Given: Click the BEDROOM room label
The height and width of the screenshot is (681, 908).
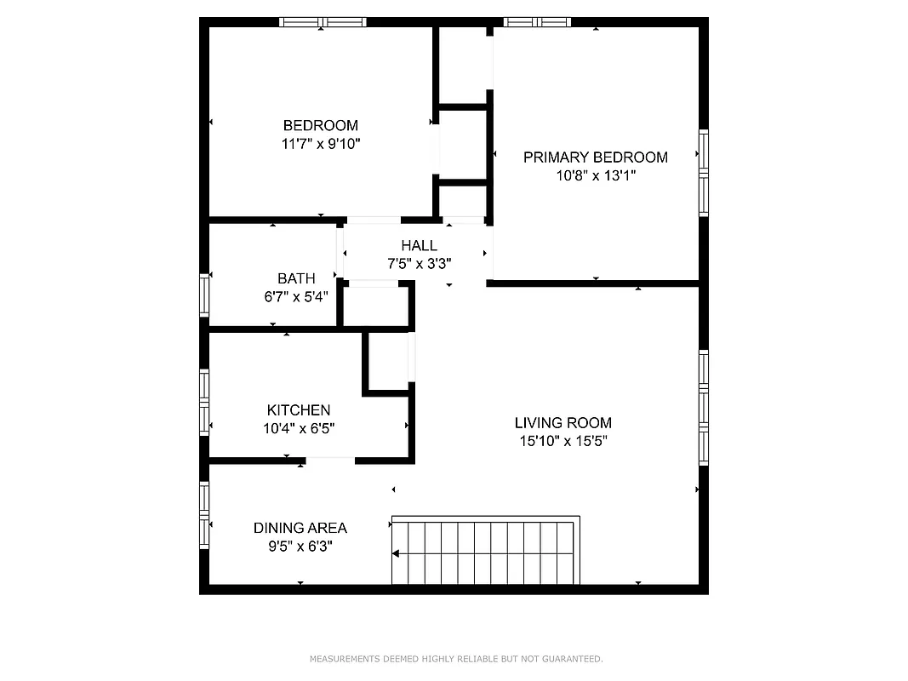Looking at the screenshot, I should (320, 126).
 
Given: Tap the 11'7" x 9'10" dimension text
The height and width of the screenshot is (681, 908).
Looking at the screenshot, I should (321, 145).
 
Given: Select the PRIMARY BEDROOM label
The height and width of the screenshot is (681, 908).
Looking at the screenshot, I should (595, 157).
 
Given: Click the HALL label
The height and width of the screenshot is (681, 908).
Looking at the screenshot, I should (419, 246).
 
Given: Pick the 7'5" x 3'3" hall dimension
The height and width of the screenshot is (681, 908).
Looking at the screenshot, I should (419, 264).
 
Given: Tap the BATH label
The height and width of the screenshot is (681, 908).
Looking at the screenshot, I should (296, 278).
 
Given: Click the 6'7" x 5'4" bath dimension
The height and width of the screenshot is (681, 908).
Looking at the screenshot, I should (296, 297).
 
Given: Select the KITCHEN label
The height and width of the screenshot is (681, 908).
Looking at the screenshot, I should (298, 410).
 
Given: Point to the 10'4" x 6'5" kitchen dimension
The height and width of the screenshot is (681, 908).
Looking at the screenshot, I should (298, 429).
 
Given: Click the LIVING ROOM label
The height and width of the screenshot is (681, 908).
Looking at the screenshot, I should (563, 423).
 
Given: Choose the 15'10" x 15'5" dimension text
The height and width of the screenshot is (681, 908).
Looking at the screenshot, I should (563, 441).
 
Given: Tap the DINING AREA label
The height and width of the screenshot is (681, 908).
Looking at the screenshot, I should (300, 528).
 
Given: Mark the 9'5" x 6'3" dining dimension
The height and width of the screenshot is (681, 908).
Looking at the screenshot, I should (300, 547).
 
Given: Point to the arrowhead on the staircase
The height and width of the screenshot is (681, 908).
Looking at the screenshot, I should (396, 554).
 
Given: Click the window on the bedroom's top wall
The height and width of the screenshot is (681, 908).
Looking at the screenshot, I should (323, 22).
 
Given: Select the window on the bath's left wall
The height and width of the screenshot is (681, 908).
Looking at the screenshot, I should (204, 295).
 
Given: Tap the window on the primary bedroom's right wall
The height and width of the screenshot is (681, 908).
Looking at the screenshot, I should (703, 173).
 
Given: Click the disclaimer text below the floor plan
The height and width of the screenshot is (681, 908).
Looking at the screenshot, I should (455, 659).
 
